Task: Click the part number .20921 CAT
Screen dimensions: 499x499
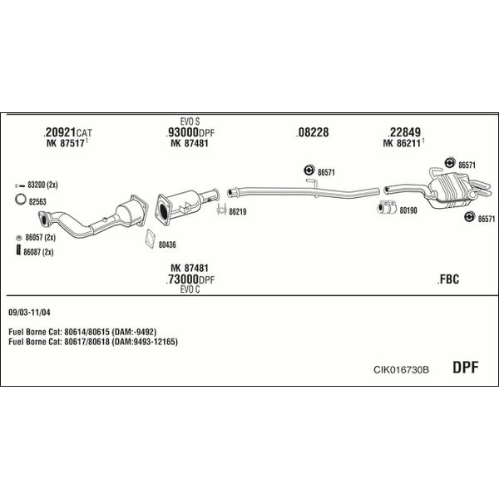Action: point(67,132)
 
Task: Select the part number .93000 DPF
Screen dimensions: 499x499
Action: point(190,132)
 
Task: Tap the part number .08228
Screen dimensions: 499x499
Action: point(312,132)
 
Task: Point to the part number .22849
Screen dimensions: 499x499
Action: point(404,132)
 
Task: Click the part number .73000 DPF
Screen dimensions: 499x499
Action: point(190,279)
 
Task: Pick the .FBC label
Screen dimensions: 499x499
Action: point(448,279)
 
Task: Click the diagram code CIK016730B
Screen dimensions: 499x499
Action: point(401,369)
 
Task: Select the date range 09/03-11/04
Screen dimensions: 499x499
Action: point(29,312)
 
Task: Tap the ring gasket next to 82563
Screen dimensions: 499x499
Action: point(20,200)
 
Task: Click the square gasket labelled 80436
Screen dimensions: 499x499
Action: point(151,239)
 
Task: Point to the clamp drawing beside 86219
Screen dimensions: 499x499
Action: point(222,209)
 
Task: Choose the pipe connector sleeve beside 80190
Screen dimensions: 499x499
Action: point(387,207)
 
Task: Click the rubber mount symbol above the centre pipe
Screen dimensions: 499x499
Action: point(309,170)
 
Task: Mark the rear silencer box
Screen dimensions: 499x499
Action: point(450,190)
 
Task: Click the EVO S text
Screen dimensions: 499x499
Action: point(190,121)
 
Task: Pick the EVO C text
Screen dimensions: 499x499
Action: point(190,289)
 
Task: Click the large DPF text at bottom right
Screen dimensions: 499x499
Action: point(465,368)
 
